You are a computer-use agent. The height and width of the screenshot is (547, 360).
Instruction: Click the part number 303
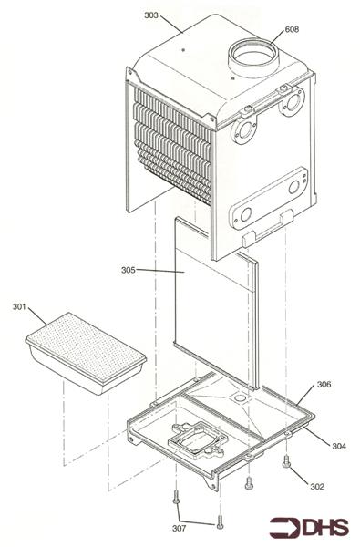coord(151,15)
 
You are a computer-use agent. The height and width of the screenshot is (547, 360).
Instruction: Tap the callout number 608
coord(292,30)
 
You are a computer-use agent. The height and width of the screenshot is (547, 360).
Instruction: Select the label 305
coord(128,269)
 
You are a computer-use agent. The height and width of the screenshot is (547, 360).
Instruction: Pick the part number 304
coord(338,446)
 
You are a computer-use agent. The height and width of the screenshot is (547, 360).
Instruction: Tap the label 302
coord(316,486)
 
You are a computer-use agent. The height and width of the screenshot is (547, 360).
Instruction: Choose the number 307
coord(180,528)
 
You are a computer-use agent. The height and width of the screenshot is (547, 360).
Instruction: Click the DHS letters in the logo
coord(321,526)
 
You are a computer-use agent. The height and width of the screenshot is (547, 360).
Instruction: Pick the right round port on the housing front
coord(293,107)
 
